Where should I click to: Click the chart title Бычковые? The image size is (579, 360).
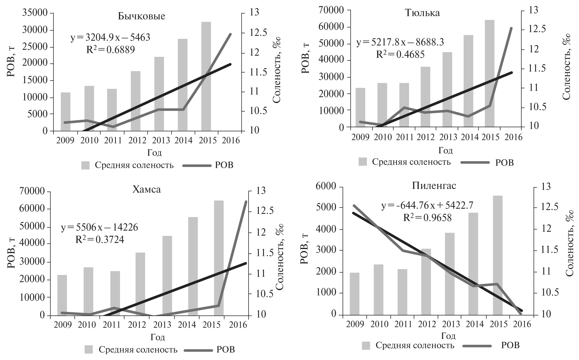coord(141,16)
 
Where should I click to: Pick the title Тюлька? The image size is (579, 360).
coord(422,13)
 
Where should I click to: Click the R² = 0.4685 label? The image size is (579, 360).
coord(400,54)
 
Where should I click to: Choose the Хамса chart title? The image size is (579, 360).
coord(146,189)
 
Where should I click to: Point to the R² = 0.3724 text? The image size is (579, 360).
coord(99,240)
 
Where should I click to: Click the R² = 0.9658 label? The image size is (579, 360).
coord(427,217)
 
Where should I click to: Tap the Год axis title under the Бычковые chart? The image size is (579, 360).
coord(154,152)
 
